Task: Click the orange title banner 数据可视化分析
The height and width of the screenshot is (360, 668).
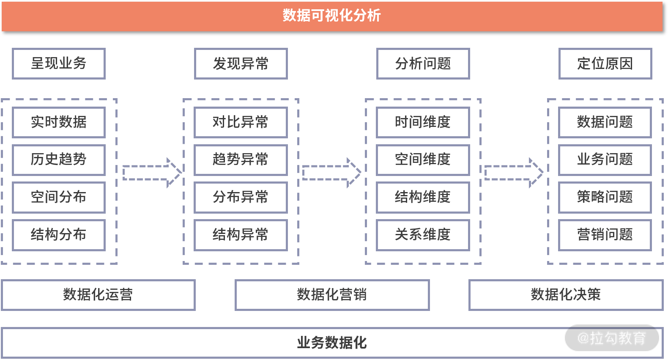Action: [x=332, y=16]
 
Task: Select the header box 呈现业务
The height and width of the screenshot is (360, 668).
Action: [x=59, y=63]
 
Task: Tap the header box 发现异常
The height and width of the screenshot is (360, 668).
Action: [x=241, y=63]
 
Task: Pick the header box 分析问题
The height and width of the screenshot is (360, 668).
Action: [x=423, y=63]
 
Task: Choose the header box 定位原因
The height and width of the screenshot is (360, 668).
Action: [x=605, y=63]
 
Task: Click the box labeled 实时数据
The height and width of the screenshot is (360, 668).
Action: [x=59, y=122]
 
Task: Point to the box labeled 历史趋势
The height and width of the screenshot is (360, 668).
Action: [x=59, y=160]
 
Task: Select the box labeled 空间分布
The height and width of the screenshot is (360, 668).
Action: [x=59, y=198]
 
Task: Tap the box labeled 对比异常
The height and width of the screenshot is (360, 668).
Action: [x=241, y=122]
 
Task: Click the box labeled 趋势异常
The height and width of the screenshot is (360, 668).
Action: [x=241, y=160]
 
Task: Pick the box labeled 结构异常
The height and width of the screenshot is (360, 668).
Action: [x=241, y=235]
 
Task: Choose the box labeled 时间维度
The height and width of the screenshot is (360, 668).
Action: [x=423, y=122]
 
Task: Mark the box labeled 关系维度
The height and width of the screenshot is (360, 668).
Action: [x=423, y=235]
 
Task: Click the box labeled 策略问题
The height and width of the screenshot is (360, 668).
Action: [x=605, y=198]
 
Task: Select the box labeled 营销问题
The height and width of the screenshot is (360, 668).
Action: [x=605, y=235]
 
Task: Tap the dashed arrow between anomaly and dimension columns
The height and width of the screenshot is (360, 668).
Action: [x=331, y=173]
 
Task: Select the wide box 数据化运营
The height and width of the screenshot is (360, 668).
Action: [x=99, y=295]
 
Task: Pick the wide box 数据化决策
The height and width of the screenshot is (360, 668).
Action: [x=566, y=295]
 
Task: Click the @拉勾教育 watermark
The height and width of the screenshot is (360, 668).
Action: [x=612, y=338]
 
